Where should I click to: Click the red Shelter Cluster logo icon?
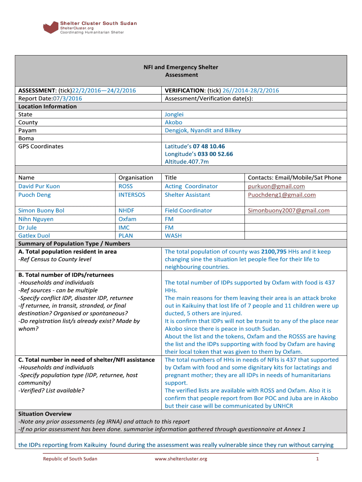click(x=50, y=27)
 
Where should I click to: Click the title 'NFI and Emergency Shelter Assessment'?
click(x=181, y=71)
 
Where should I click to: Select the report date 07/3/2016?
click(x=68, y=98)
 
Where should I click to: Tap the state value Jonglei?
click(x=174, y=114)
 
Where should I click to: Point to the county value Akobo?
click(x=173, y=122)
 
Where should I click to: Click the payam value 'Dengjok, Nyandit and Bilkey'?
click(x=203, y=130)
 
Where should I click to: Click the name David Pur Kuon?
click(x=39, y=186)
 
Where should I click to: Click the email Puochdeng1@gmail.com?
click(x=282, y=195)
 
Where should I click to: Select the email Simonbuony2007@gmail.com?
click(x=288, y=210)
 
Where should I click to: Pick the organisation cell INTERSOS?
click(x=132, y=195)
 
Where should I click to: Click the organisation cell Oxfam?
click(x=127, y=219)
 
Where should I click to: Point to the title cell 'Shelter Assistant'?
click(x=188, y=195)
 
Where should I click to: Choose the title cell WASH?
click(x=173, y=235)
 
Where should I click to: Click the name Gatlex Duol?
click(x=34, y=235)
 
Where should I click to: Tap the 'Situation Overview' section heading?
click(x=45, y=414)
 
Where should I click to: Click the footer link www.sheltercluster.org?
click(x=181, y=459)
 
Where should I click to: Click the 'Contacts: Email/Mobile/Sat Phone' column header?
click(x=294, y=177)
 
